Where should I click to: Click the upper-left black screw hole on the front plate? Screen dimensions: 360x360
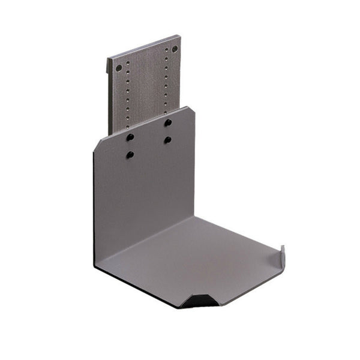tap(130, 137)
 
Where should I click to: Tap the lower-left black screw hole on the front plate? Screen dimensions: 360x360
tap(130, 155)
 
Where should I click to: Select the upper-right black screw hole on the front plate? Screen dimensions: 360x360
tap(168, 122)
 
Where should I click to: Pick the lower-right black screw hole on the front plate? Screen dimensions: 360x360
tap(167, 140)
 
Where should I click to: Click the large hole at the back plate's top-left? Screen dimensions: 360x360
tap(119, 67)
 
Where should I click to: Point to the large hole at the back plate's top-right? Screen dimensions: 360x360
tap(175, 49)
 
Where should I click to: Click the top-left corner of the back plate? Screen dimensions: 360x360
tap(109, 58)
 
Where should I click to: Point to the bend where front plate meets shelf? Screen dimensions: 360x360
tap(150, 240)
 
